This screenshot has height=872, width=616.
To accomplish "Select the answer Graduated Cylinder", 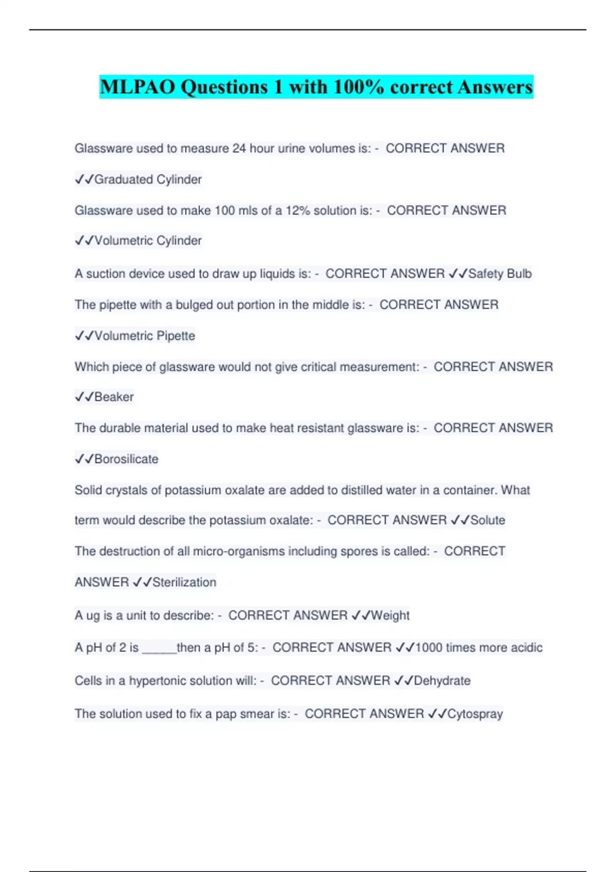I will coord(148,180).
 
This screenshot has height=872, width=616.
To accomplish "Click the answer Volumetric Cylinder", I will coord(148,241).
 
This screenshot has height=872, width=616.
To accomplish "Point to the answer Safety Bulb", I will coord(499,274).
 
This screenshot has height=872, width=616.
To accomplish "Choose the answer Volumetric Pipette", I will coord(145,336).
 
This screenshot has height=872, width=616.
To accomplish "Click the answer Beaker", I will coord(114,397).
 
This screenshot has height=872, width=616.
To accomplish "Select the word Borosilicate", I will coord(126,459).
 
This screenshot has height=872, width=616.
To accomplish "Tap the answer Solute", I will coord(488,520).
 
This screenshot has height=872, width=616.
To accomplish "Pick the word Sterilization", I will coord(184,582).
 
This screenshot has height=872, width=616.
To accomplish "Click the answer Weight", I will coord(390,616).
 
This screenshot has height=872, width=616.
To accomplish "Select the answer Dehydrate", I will coord(442,681).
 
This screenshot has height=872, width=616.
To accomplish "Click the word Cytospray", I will coord(475,714).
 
